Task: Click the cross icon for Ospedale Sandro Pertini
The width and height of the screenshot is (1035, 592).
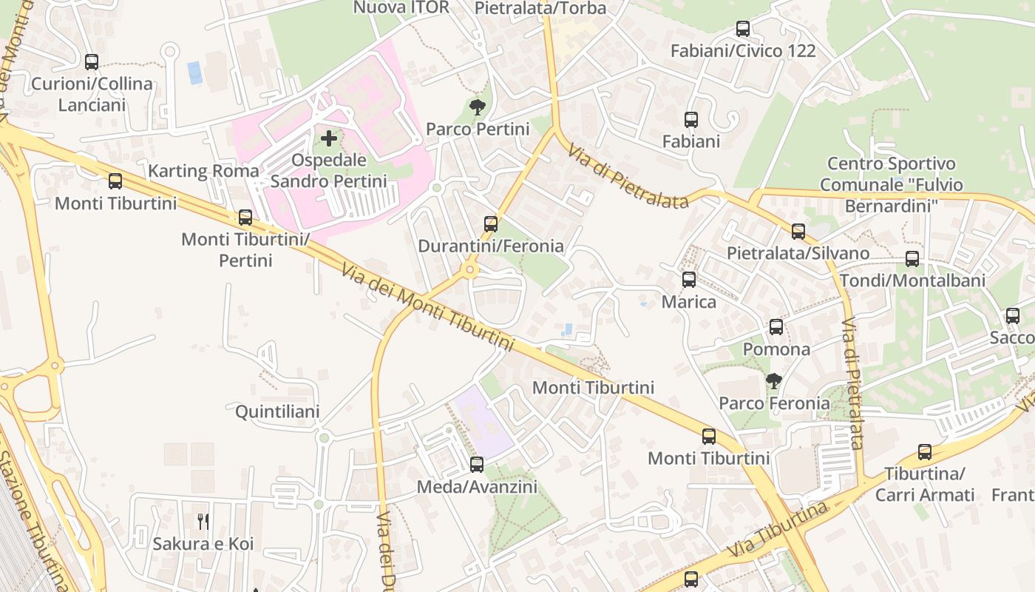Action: tap(329, 138)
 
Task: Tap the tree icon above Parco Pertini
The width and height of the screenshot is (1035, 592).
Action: tap(478, 108)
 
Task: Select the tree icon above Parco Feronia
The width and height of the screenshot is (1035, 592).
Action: tap(774, 382)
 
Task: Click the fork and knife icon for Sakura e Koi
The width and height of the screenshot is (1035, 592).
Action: tap(203, 522)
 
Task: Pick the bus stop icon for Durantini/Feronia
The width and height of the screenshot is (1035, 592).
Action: tap(490, 224)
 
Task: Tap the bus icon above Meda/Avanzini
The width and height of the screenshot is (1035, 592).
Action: tap(477, 465)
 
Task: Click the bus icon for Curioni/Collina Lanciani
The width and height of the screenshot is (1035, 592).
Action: tap(92, 62)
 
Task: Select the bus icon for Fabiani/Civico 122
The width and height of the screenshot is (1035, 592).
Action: tap(743, 30)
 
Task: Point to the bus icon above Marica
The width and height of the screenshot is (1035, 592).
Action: tap(689, 280)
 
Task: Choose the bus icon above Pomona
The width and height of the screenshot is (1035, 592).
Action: tap(776, 327)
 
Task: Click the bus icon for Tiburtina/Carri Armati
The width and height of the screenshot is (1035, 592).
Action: tap(925, 452)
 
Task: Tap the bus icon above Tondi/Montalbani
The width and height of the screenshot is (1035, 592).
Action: tap(912, 259)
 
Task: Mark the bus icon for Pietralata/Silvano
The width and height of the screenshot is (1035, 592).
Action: tap(798, 232)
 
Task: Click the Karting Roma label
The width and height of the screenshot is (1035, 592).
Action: tap(203, 171)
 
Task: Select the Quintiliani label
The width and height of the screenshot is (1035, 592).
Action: tap(277, 412)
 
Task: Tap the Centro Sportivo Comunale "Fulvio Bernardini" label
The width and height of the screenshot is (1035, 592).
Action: tap(891, 185)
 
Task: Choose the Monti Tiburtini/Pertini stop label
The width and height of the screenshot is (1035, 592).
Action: tap(245, 250)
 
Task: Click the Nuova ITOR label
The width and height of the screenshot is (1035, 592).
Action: tap(401, 7)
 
